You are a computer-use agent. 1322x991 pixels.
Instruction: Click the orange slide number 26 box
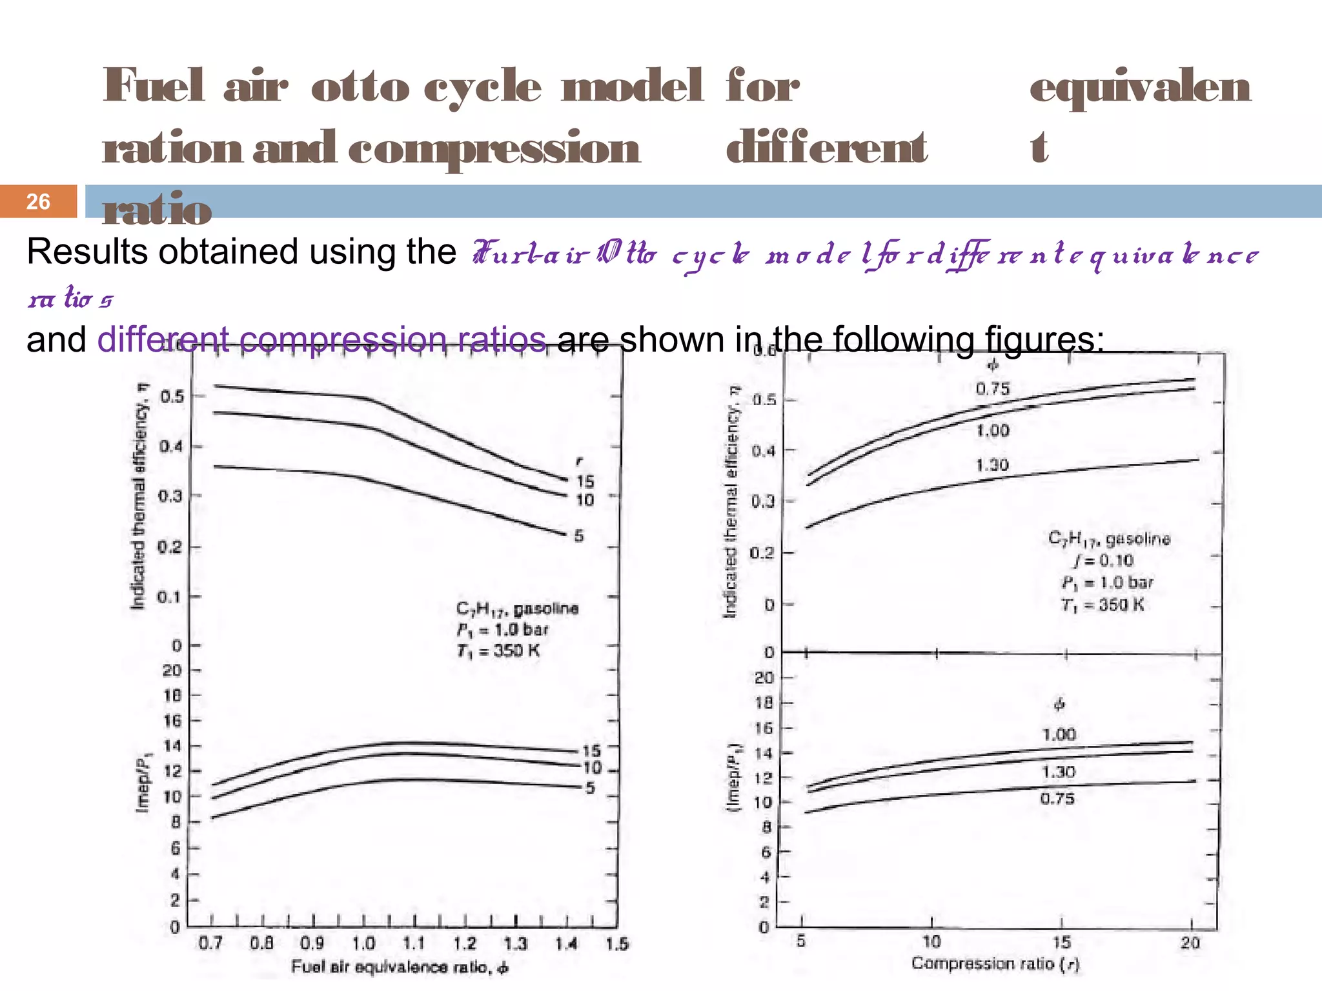tap(38, 201)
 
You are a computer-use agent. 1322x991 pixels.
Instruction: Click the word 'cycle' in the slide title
tap(482, 86)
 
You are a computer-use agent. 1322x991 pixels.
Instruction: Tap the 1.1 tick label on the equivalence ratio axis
tap(414, 944)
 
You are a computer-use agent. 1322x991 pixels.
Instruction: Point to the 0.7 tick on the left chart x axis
tap(210, 944)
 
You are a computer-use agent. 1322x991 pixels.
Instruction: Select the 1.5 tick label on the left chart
tap(617, 944)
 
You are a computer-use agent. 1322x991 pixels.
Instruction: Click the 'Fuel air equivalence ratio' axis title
tap(400, 967)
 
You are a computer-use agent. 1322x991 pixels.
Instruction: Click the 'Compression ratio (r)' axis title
tap(995, 964)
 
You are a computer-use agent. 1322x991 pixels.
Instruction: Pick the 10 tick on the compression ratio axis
tap(931, 942)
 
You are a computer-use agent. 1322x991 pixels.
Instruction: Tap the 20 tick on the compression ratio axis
tap(1190, 943)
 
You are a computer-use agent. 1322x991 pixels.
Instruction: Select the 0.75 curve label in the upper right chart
tap(992, 389)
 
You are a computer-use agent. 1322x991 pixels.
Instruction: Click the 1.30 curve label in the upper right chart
tap(992, 465)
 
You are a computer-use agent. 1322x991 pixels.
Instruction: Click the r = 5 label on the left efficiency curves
tap(579, 536)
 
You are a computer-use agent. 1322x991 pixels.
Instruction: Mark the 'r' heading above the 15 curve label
tap(579, 461)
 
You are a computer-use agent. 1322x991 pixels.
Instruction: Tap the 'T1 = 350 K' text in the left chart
tap(498, 651)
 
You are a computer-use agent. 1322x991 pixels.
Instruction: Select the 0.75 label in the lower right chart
tap(1057, 799)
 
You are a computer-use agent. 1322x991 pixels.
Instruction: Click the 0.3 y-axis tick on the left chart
tap(172, 496)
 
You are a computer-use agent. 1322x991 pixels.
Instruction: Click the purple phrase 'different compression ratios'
tap(321, 339)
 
